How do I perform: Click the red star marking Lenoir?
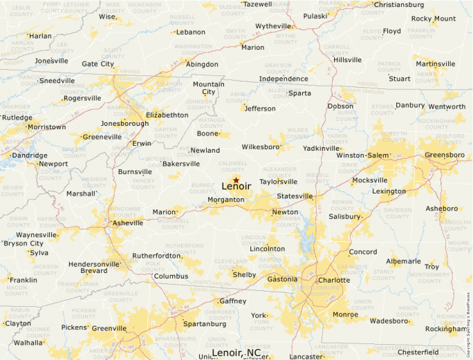coord(236,180)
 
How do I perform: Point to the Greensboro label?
coord(445,155)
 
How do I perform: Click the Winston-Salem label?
coord(363,155)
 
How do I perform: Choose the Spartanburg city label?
coord(205,323)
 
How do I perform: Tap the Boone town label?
coord(207,133)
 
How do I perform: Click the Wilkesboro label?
coord(261,146)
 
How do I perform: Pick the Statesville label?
coord(295,196)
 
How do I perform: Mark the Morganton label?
coord(226,200)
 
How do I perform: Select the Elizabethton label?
coord(167,115)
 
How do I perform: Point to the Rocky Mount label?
coord(434,19)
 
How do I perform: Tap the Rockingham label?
coord(445,329)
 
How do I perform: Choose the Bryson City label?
coord(24,243)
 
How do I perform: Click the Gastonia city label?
coord(282,279)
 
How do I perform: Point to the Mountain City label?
coord(208,88)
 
